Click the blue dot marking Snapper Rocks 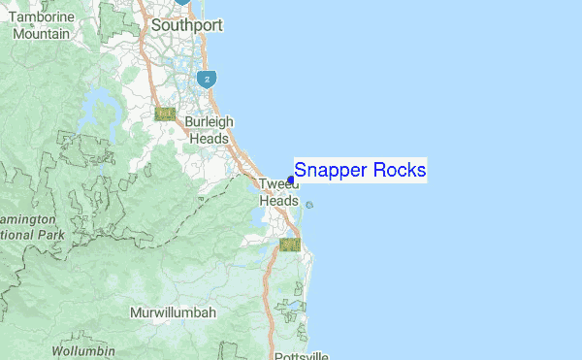point(290,180)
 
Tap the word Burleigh point(210,123)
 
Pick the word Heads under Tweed point(278,200)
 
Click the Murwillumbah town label point(173,313)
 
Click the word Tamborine point(42,17)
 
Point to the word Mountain point(42,33)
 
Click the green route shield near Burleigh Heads point(165,114)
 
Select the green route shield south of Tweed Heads point(289,245)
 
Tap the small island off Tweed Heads point(309,205)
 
